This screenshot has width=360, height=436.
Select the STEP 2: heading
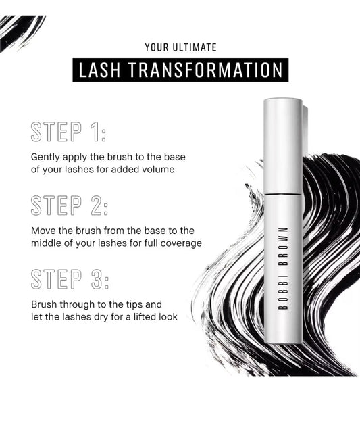pos(69,205)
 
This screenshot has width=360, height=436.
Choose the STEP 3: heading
pos(69,278)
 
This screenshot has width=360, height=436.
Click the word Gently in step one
pos(45,158)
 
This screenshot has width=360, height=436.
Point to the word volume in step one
pos(158,170)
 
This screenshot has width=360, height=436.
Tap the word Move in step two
pos(43,231)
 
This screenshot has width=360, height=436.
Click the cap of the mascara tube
pos(282,145)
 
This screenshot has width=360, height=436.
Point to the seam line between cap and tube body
pos(282,194)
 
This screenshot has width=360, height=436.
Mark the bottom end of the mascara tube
pos(282,341)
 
